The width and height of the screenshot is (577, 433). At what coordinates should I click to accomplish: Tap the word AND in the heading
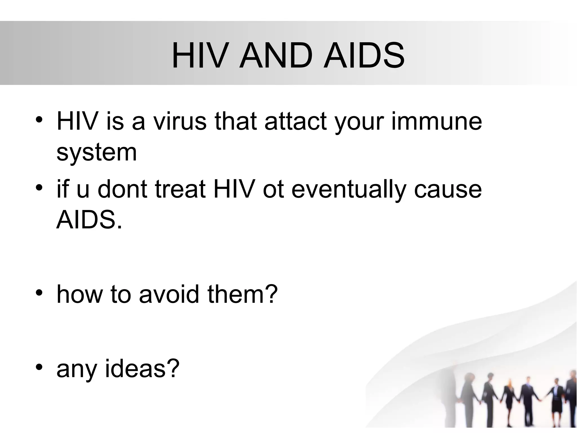coord(276,55)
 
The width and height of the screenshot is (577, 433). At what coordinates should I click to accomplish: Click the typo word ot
coord(273,189)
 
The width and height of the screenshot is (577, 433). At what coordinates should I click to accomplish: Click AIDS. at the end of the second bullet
coord(89,220)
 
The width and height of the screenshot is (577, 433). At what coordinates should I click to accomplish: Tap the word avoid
coord(169,294)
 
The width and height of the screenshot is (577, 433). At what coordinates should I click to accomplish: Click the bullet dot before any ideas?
coord(39,367)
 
